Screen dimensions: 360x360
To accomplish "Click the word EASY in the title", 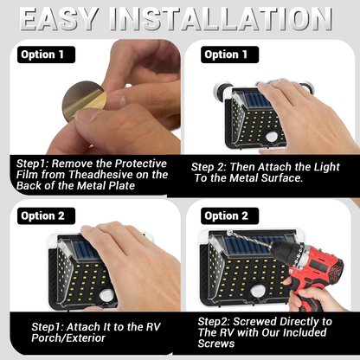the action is point(59,19).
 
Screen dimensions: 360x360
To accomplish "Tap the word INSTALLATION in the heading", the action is point(221,19).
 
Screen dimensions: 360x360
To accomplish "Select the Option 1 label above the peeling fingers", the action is point(46,55).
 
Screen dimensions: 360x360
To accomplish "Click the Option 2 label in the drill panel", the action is point(229,215).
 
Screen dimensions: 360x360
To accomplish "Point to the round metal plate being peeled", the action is point(84,100).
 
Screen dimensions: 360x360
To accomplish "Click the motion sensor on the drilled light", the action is point(257,292).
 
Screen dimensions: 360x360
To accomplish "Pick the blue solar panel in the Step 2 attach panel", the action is point(258,100).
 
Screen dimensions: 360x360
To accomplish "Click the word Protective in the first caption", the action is point(141,164).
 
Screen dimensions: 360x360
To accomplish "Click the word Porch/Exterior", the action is point(68,338).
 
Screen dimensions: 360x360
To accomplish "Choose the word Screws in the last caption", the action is point(216,344).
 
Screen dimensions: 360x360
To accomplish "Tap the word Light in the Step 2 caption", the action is point(327,167).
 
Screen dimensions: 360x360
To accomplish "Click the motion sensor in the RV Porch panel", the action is point(107,295).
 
